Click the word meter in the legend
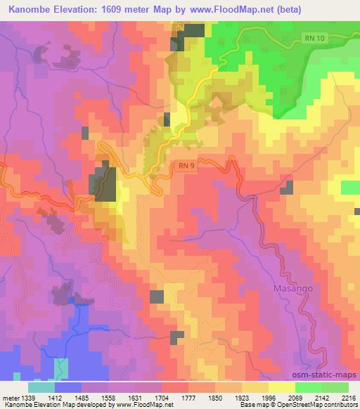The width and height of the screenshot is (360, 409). coord(11,398)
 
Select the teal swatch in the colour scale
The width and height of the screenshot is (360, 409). coord(41,388)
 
